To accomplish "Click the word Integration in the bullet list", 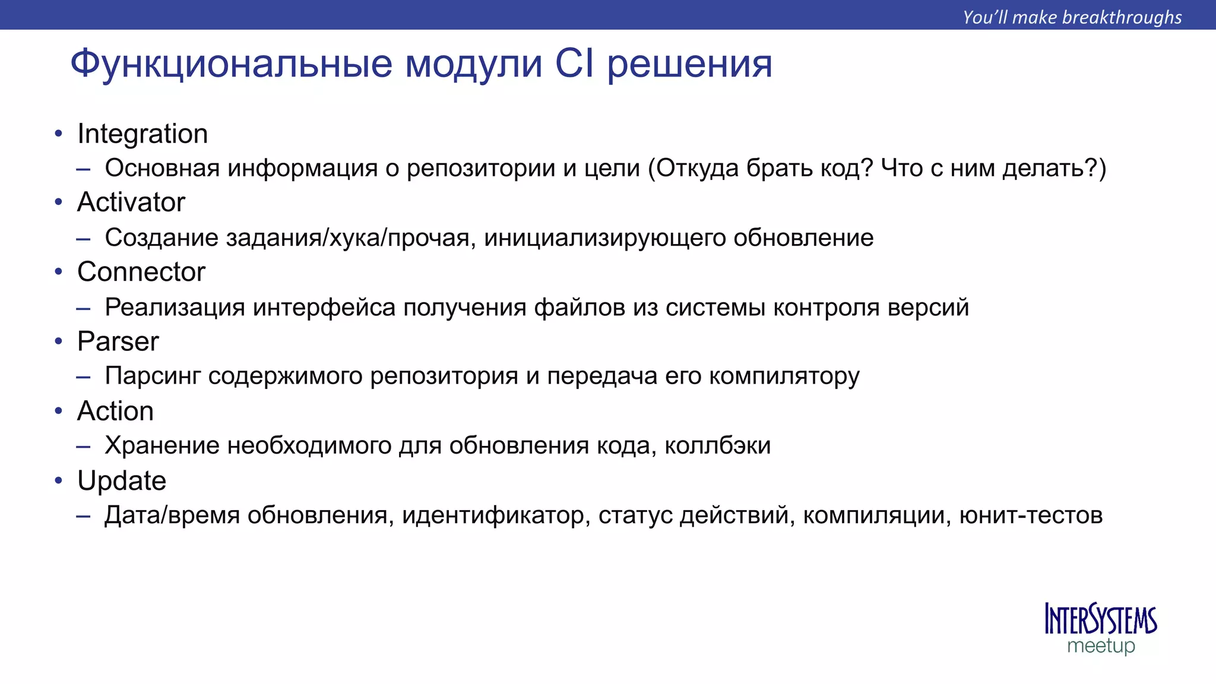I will [142, 134].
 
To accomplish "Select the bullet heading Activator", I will [131, 202].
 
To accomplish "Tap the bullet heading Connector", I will [141, 272].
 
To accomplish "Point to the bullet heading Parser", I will [118, 341].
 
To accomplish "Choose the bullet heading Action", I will [116, 411].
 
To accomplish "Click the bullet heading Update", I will [122, 480].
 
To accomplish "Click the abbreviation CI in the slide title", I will [574, 64].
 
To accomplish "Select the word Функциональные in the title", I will [232, 64].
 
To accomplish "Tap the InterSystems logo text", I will [1101, 620].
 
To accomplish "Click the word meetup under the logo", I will [1101, 646].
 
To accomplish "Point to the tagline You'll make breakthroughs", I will [1072, 17].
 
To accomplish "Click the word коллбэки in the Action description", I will [717, 445].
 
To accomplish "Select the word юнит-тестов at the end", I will [1031, 515].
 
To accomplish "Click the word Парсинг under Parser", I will [153, 376].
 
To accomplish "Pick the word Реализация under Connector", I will [175, 308].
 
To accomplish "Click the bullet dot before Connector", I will [58, 272].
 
